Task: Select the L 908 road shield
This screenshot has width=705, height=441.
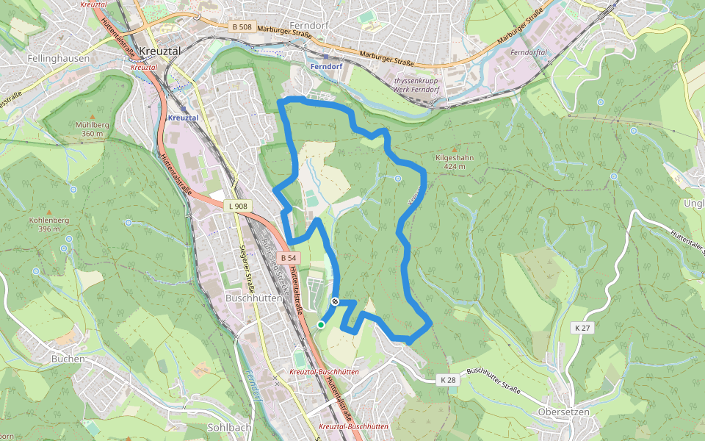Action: (236, 207)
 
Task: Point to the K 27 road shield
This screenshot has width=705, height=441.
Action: (582, 329)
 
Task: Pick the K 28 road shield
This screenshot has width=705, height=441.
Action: (448, 380)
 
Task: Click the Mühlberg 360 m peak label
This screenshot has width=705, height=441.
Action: (92, 129)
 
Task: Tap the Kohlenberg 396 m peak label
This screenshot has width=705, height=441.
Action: (48, 224)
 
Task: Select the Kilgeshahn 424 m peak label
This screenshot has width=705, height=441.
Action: (454, 162)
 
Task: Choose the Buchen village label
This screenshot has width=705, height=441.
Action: (68, 359)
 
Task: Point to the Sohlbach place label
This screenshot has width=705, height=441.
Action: (230, 427)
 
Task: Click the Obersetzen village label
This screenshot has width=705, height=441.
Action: (563, 412)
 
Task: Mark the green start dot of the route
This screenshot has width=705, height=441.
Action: (321, 324)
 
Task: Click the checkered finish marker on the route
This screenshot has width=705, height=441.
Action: (335, 301)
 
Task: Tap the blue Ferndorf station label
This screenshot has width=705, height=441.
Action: (327, 66)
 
